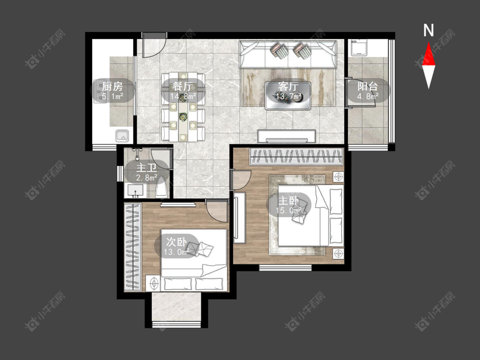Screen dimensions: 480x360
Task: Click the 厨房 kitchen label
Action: coord(112,87)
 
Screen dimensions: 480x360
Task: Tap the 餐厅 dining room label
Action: coord(183,87)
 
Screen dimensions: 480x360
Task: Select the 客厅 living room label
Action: coord(288,87)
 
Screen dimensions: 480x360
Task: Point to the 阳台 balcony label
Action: coord(368,86)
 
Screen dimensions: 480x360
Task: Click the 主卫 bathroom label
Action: coord(147,168)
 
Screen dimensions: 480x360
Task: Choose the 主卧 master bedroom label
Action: coord(288,201)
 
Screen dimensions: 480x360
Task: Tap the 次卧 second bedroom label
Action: coord(176,242)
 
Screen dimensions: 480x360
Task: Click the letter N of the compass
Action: coord(428,30)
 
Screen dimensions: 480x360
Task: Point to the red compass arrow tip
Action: coord(428,42)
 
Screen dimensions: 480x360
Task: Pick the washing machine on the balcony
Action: coord(359,47)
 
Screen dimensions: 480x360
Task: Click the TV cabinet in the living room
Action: coord(287,136)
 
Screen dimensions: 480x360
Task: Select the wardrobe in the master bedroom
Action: coord(296,157)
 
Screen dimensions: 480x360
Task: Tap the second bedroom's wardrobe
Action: coord(133,247)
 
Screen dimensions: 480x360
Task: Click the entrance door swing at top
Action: coord(154,46)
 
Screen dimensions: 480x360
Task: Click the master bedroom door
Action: coord(241,180)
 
